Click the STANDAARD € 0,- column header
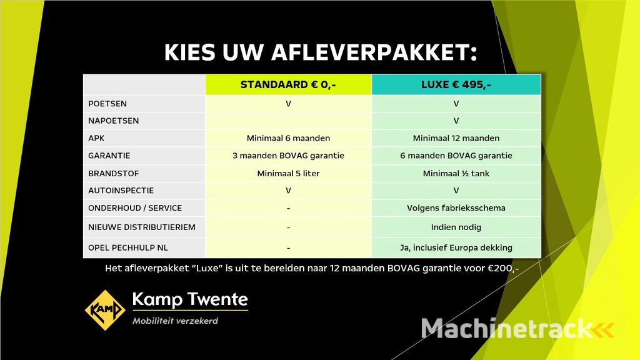click(288, 85)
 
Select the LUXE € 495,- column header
click(456, 85)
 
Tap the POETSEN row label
click(107, 104)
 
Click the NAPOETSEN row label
click(114, 121)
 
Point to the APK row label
click(96, 138)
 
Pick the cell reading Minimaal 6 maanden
click(288, 138)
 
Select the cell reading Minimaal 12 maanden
click(456, 138)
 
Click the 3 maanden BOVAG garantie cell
click(288, 156)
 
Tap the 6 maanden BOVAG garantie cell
click(456, 156)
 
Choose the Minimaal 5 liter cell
click(288, 173)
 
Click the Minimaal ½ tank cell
click(456, 173)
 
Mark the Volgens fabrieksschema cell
click(456, 208)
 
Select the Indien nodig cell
click(456, 227)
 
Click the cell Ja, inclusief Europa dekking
click(456, 247)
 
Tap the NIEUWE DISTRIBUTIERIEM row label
click(141, 227)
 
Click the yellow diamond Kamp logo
click(105, 310)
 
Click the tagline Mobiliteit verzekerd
click(175, 321)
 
